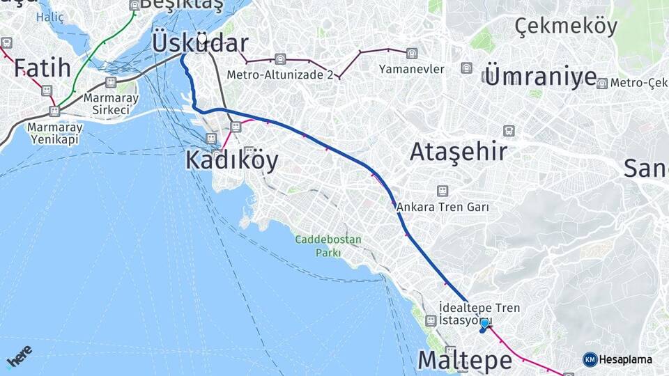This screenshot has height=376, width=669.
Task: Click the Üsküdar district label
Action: (x=199, y=43)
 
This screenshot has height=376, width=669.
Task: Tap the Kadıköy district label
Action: (x=231, y=160)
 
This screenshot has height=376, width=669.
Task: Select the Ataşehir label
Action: (x=459, y=151)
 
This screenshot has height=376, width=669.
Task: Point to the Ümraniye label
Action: (x=540, y=77)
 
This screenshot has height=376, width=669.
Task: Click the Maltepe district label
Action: (x=464, y=360)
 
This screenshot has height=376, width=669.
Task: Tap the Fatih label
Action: (x=43, y=68)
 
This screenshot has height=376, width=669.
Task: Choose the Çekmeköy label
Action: (x=566, y=26)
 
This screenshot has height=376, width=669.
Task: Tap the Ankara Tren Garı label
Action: (x=443, y=207)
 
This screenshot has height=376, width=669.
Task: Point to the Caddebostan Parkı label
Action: (x=328, y=246)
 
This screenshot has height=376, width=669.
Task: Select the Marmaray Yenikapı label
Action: (x=54, y=133)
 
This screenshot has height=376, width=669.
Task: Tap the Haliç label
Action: (x=49, y=16)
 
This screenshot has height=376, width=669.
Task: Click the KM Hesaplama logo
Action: (x=617, y=359)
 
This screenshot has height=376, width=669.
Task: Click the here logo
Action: (x=20, y=357)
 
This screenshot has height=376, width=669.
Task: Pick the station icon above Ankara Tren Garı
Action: (x=442, y=191)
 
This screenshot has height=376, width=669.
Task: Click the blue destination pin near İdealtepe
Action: (x=484, y=324)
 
